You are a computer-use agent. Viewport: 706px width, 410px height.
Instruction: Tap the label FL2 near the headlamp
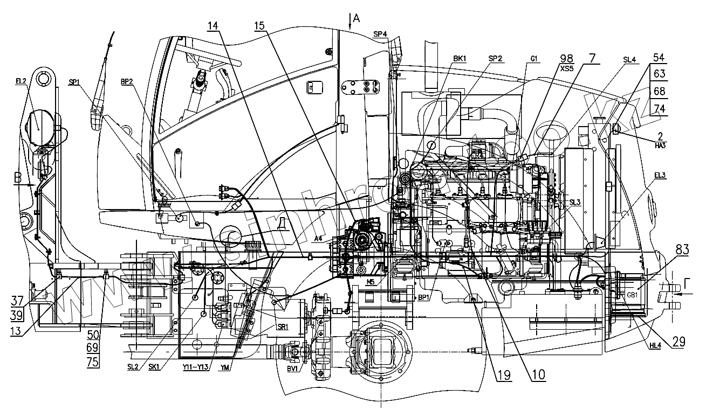(21, 80)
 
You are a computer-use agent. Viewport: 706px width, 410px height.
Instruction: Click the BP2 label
(127, 82)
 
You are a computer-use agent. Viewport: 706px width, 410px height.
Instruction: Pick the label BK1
(460, 58)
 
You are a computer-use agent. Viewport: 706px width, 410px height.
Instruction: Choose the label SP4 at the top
(380, 34)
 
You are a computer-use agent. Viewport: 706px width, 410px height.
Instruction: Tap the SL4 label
(630, 58)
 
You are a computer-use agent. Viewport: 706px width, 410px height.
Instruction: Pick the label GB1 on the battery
(632, 295)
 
